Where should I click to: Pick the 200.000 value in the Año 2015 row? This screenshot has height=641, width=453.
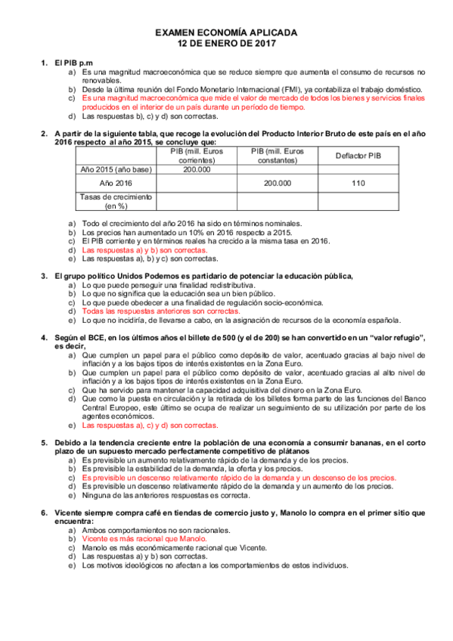[x=197, y=169]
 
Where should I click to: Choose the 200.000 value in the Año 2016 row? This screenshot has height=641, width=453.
[x=277, y=183]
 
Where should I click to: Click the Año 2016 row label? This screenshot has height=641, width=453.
[x=116, y=183]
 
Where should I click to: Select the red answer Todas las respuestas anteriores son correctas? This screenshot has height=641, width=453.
[x=160, y=311]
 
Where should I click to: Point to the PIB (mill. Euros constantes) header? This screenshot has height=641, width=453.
[x=277, y=156]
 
